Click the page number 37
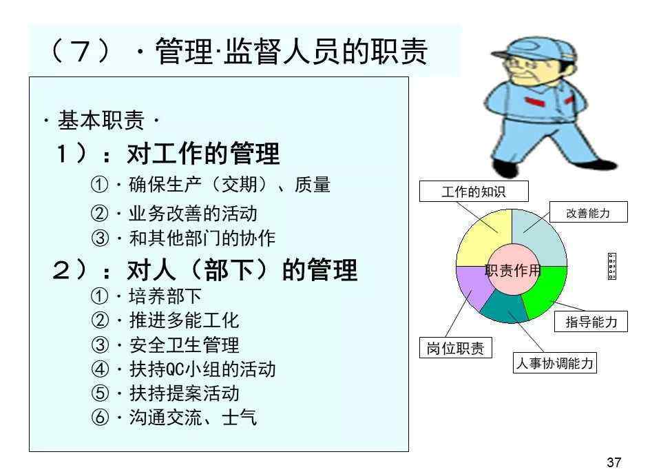click(613, 462)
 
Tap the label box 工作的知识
click(474, 192)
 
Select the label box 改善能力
click(589, 212)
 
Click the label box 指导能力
click(591, 321)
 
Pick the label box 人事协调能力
click(555, 362)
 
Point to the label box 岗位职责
click(456, 348)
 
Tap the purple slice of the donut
click(473, 286)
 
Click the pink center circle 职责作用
click(512, 269)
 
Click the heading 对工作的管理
click(203, 154)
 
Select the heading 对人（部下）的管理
click(242, 270)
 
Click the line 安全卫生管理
click(185, 345)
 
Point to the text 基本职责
click(101, 120)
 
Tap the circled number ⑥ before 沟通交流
click(100, 418)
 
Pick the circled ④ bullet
click(100, 369)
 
